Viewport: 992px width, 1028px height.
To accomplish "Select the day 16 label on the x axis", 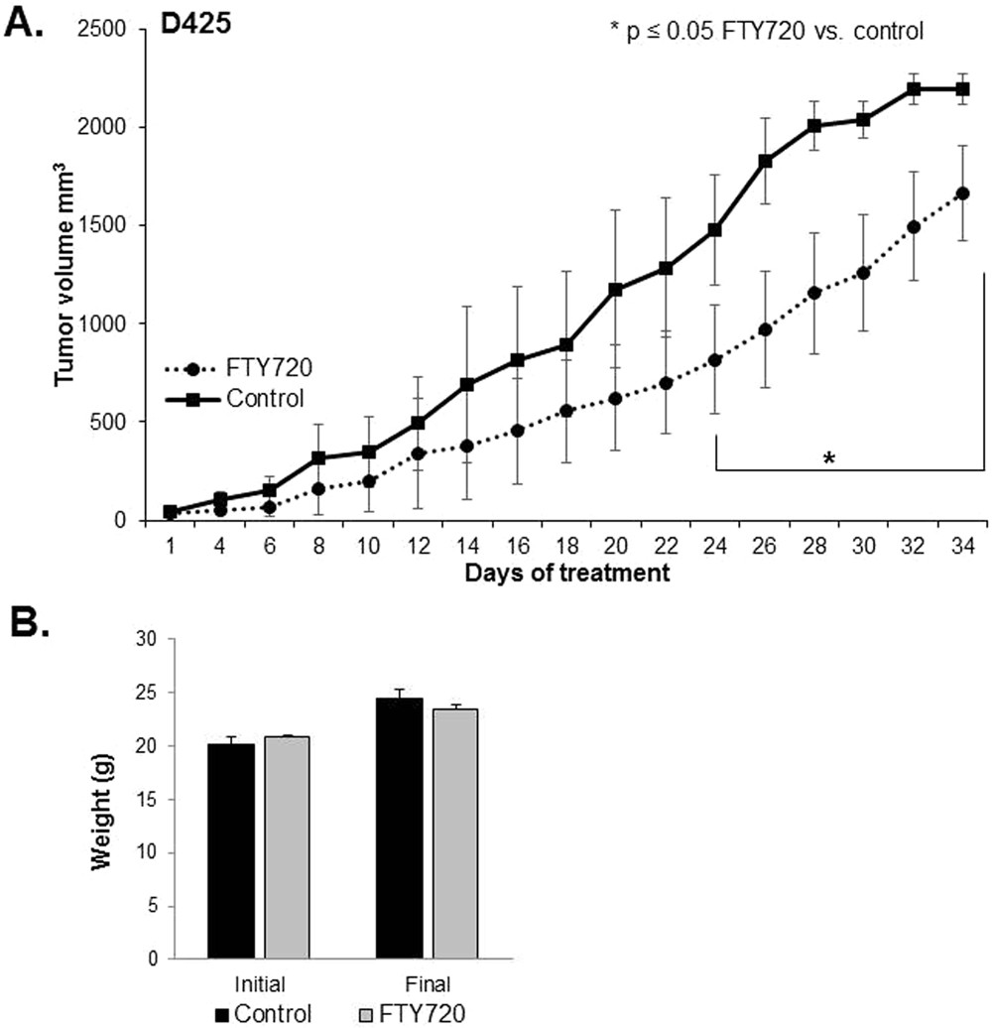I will coord(516,546).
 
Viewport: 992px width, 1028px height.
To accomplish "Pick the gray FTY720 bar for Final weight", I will coord(453,833).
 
